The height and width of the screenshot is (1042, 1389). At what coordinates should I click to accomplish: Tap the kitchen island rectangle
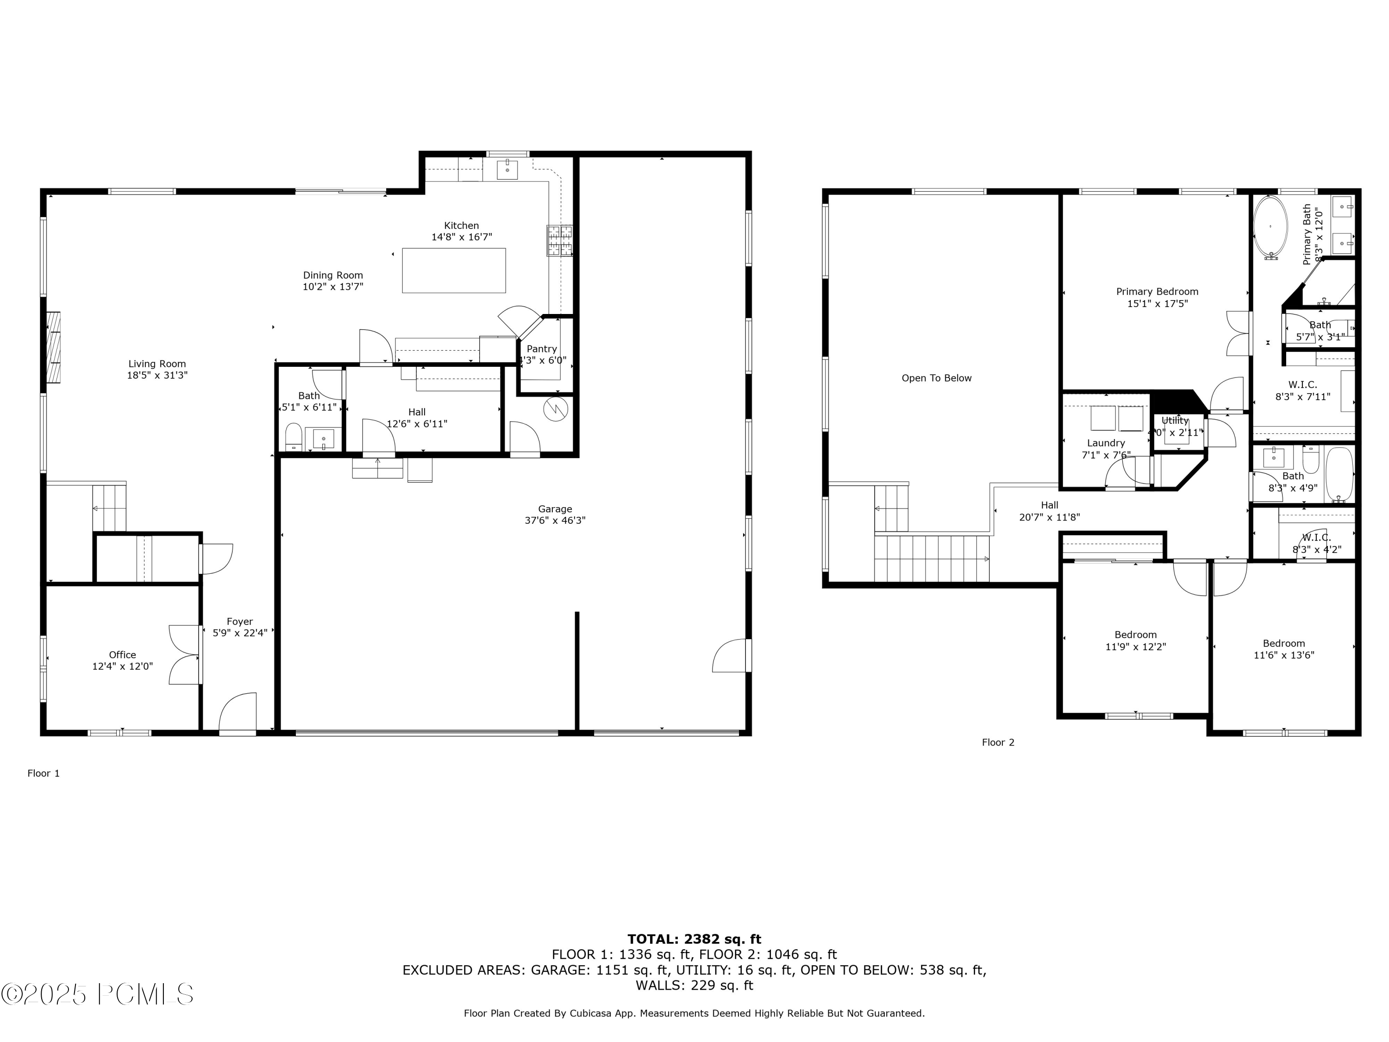click(x=453, y=270)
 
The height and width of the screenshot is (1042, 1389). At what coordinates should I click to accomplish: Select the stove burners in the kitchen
click(x=559, y=240)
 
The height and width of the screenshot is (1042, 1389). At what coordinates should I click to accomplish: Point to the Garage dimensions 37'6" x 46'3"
click(x=555, y=520)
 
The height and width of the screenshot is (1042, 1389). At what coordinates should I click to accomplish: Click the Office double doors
click(x=185, y=654)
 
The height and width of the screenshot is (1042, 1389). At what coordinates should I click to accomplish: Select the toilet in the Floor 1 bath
click(x=293, y=437)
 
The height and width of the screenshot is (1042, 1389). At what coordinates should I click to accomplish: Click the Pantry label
click(x=541, y=349)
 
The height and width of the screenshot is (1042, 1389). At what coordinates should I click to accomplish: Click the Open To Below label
click(x=936, y=378)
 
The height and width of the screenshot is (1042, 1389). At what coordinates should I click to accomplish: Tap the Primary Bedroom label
click(x=1157, y=291)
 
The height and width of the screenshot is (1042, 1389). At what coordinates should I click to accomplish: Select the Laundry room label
click(x=1105, y=443)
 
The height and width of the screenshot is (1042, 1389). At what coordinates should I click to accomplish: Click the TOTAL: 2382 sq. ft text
click(x=694, y=939)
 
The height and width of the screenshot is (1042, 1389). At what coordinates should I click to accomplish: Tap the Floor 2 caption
click(x=998, y=742)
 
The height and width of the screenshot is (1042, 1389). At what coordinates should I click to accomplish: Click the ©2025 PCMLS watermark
click(x=97, y=994)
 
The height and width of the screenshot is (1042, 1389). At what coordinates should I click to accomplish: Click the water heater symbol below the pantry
click(x=556, y=409)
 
